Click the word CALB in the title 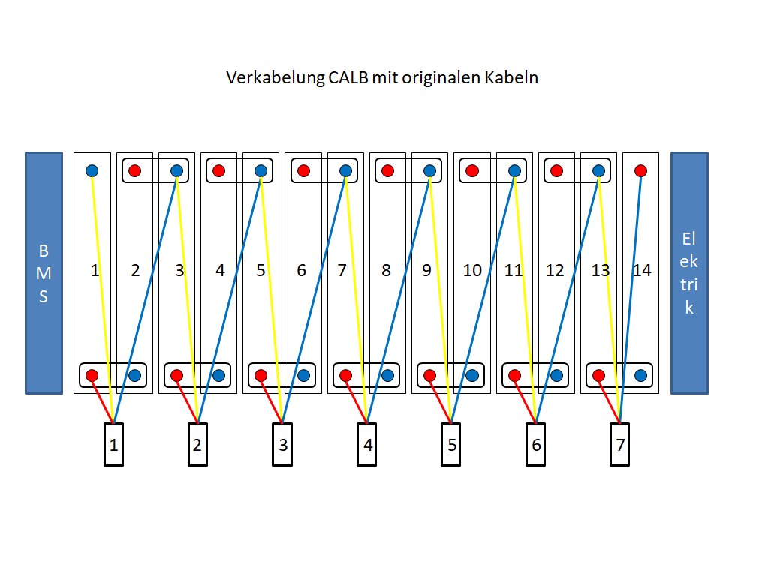point(348,78)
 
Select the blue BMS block point(44,273)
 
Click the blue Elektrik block point(689,273)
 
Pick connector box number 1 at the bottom point(113,445)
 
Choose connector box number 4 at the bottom point(367,445)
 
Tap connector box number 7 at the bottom point(619,445)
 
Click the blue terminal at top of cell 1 point(92,170)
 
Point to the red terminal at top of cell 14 point(640,170)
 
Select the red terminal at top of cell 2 point(134,170)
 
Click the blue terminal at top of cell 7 point(345,170)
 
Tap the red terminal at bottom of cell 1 point(92,376)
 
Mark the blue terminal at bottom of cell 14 point(640,376)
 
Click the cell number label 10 point(472,270)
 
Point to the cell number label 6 point(301,270)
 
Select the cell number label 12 point(555,270)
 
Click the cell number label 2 point(135,270)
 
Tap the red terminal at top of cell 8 point(387,170)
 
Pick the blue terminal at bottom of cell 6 point(303,376)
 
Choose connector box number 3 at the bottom point(282,445)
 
